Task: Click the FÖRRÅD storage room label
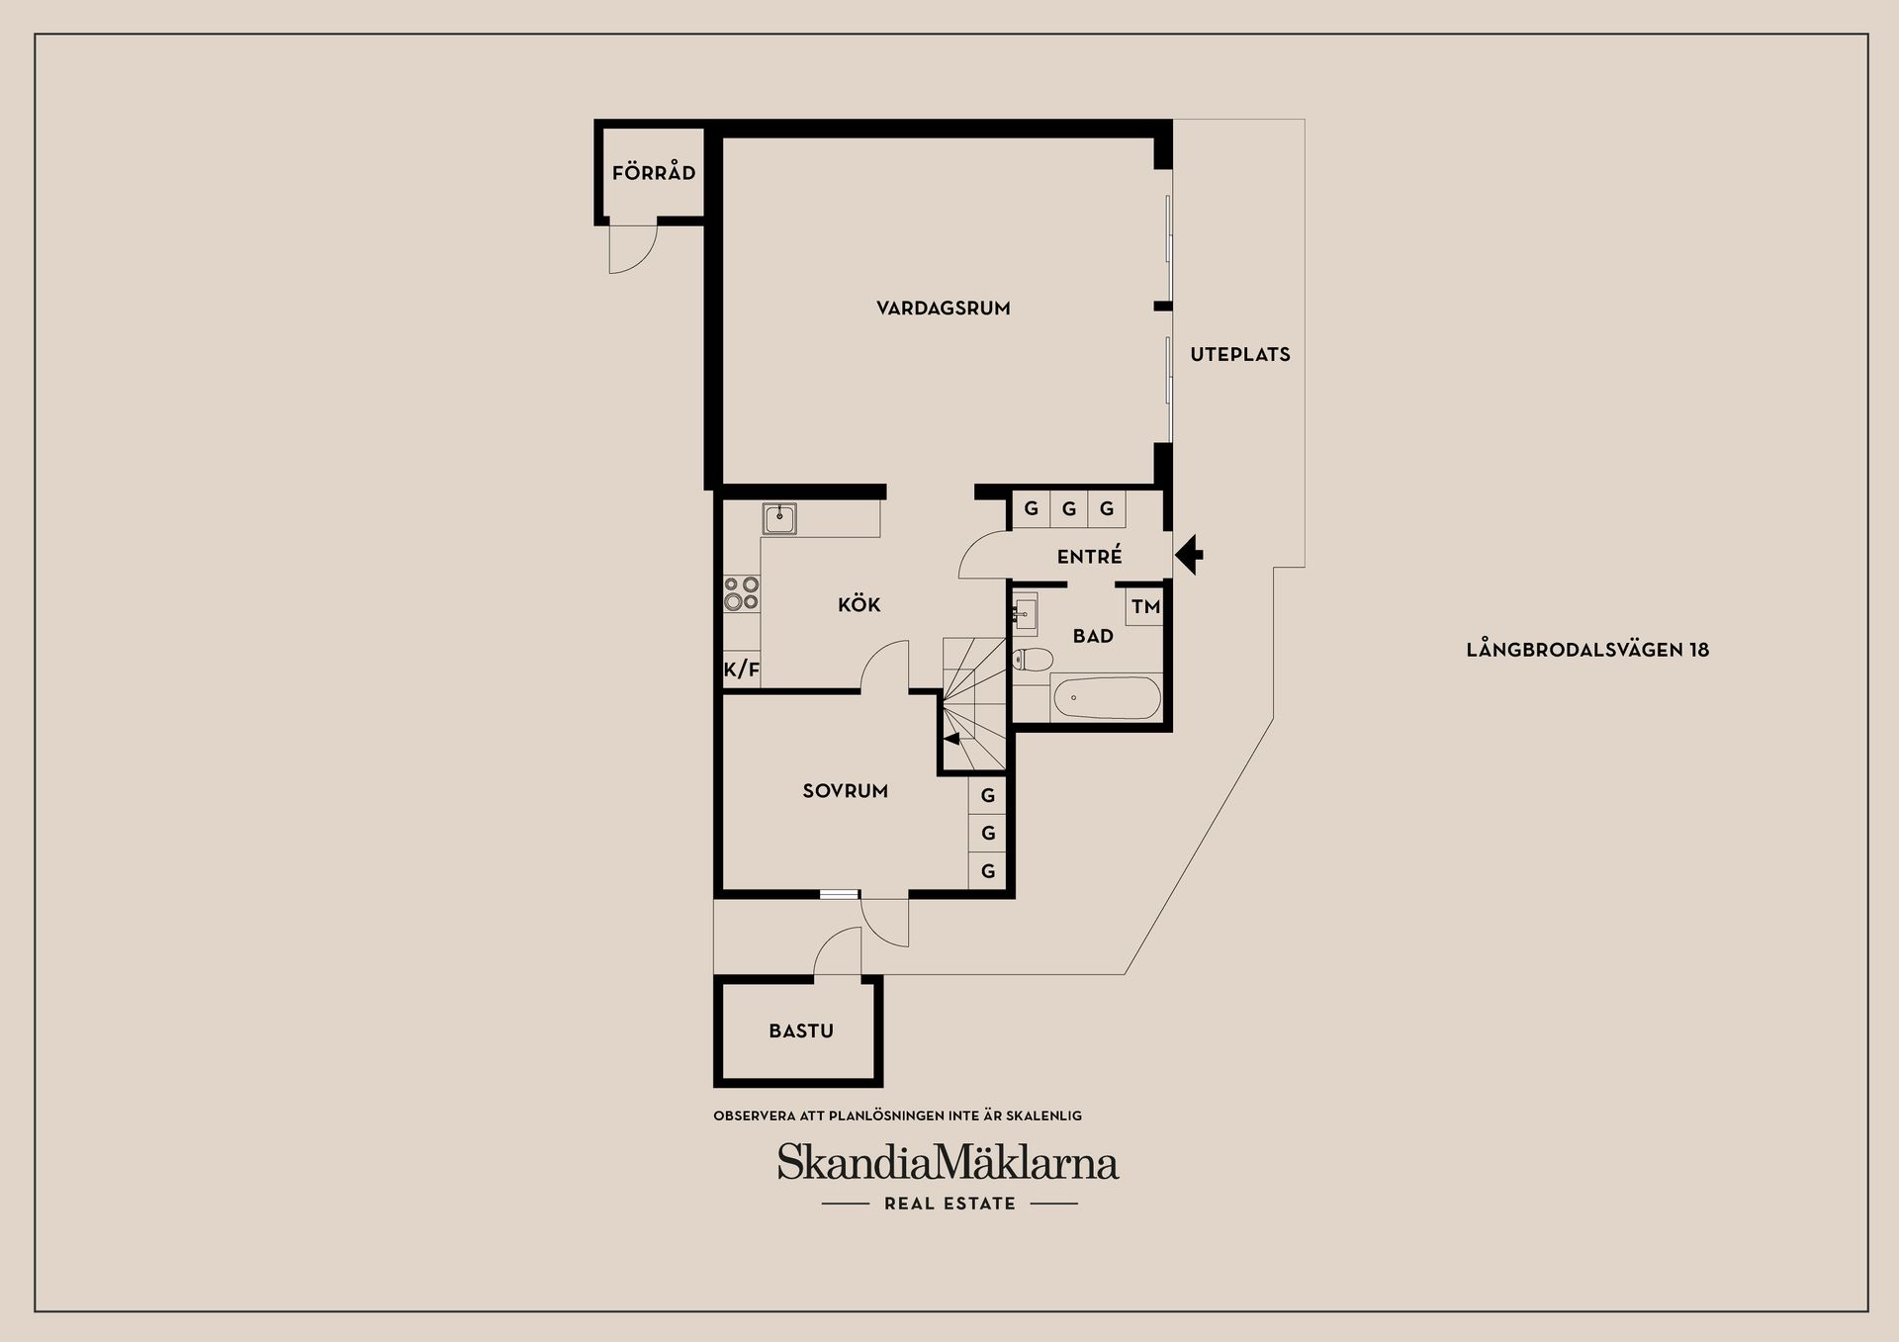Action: pyautogui.click(x=654, y=173)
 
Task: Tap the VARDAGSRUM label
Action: pyautogui.click(x=943, y=309)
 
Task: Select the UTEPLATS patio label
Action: pyautogui.click(x=1239, y=354)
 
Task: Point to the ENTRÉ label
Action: pyautogui.click(x=1089, y=557)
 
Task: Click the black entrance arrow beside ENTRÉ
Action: pyautogui.click(x=1190, y=555)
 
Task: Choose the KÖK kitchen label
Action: pyautogui.click(x=859, y=604)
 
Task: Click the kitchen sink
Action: pyautogui.click(x=779, y=518)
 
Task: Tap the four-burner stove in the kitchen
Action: pyautogui.click(x=741, y=593)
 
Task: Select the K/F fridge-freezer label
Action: pyautogui.click(x=741, y=670)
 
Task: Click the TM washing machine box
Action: pyautogui.click(x=1145, y=606)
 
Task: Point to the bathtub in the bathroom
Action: pyautogui.click(x=1106, y=698)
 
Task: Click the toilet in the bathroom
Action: pyautogui.click(x=1032, y=659)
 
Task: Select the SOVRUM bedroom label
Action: pyautogui.click(x=845, y=791)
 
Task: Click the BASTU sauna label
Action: pyautogui.click(x=800, y=1031)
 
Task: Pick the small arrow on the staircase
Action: pyautogui.click(x=951, y=738)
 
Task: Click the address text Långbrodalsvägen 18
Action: pyautogui.click(x=1586, y=650)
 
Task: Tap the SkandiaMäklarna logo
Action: pyautogui.click(x=948, y=1162)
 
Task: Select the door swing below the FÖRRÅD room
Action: pyautogui.click(x=631, y=247)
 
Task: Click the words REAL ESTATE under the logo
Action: pyautogui.click(x=949, y=1204)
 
